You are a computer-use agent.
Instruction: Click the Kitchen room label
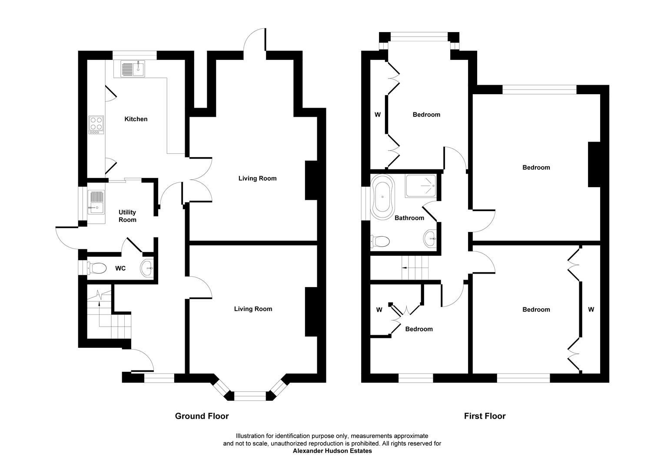click(x=136, y=119)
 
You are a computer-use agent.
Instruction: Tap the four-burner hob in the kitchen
click(x=96, y=124)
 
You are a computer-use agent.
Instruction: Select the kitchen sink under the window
click(x=133, y=69)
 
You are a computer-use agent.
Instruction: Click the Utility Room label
click(x=127, y=216)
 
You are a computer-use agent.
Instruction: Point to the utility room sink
click(x=96, y=202)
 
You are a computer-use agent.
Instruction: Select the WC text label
click(x=120, y=268)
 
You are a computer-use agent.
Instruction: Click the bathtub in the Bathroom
click(x=382, y=196)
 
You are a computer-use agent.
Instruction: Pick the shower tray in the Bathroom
click(x=420, y=186)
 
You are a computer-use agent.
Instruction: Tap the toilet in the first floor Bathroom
click(x=380, y=241)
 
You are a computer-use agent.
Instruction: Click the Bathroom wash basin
click(x=430, y=238)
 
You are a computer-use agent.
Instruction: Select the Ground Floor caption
click(x=202, y=416)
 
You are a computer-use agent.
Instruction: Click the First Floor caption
click(x=485, y=416)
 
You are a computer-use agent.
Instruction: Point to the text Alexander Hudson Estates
click(x=332, y=451)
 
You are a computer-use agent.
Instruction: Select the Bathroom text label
click(x=409, y=218)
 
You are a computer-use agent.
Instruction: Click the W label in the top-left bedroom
click(x=378, y=115)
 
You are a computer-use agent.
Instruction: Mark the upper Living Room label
click(x=257, y=178)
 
